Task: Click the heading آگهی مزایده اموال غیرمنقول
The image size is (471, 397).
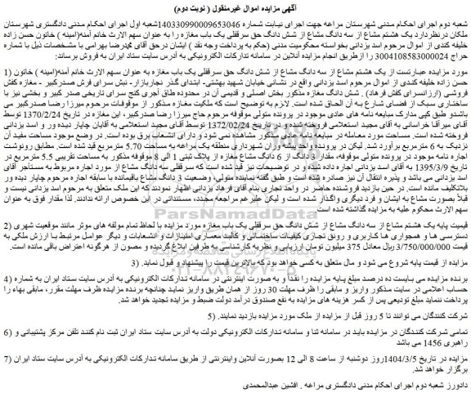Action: coord(235,8)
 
